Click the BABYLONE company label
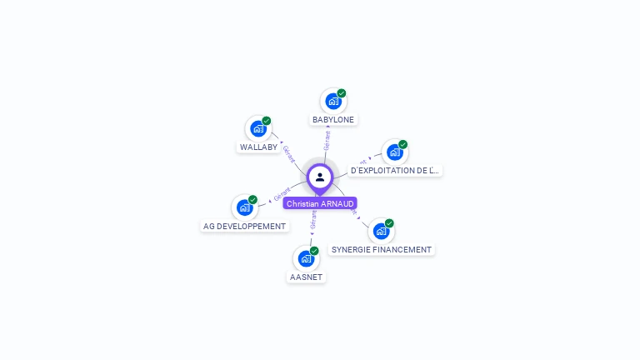333,120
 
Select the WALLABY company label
258,147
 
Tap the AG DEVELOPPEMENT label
244,227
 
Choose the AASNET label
306,277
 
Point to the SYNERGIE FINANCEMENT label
382,249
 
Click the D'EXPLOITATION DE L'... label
395,171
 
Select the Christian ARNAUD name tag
320,203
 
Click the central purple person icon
320,177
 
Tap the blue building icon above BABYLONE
333,102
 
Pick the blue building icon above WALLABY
258,129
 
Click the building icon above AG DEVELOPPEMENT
244,207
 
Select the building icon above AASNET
306,258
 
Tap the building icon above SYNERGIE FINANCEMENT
381,231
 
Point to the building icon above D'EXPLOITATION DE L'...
394,152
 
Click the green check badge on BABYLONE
342,93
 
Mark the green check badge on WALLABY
267,121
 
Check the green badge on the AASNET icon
314,250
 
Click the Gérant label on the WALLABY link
289,153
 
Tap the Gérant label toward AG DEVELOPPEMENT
282,195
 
